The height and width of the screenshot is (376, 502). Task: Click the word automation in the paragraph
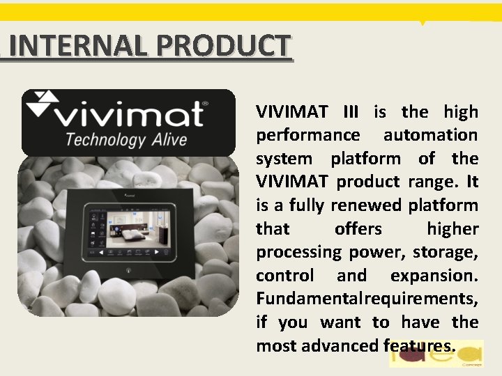pos(430,135)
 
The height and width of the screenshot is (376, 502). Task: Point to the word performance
pos(308,135)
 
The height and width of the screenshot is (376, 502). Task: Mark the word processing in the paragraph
pos(299,252)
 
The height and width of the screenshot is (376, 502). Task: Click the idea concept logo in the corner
pos(437,354)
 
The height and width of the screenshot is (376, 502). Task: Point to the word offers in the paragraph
pos(358,229)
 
